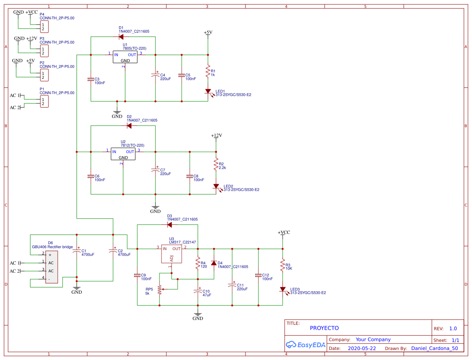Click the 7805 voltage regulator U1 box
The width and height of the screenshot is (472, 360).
pos(125,57)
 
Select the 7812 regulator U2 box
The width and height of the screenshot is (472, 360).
pos(123,154)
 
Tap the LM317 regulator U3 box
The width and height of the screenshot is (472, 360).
pos(172,254)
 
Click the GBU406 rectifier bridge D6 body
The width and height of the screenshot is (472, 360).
pos(51,267)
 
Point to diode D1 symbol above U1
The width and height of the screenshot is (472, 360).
pos(121,37)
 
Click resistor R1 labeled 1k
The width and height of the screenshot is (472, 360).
pos(208,72)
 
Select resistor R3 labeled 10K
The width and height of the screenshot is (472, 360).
pos(283,265)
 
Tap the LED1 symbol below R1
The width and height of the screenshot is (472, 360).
pos(208,92)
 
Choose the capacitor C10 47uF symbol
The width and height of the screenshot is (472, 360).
pos(198,291)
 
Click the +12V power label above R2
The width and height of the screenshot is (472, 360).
pos(216,136)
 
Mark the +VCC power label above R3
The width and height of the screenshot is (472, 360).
pos(283,233)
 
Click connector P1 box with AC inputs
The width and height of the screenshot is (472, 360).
pos(44,101)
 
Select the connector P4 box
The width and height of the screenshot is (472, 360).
pos(44,27)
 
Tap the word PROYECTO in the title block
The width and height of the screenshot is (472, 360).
pos(324,328)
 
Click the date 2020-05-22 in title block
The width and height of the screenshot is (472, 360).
pos(362,348)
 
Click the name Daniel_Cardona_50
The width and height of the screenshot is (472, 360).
pos(434,348)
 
